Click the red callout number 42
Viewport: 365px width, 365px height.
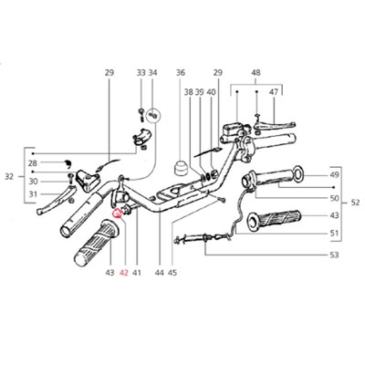[x=124, y=273]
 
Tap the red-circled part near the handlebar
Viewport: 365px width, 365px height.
[x=117, y=214]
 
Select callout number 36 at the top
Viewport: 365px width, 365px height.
[x=181, y=73]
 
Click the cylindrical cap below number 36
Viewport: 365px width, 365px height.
[x=180, y=169]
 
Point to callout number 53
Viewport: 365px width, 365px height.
[x=334, y=255]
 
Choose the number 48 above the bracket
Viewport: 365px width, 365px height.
[x=255, y=73]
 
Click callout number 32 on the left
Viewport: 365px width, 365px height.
[x=9, y=176]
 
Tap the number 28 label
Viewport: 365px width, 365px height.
[x=33, y=163]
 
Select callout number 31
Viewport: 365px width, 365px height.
[x=33, y=193]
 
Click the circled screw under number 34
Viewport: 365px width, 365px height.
[x=153, y=116]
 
